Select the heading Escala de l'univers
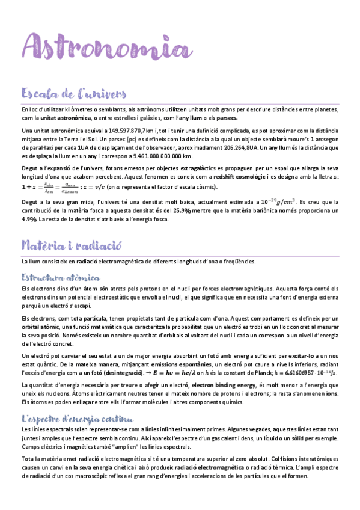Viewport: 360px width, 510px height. point(73,94)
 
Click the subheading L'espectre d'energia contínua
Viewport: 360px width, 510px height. point(77,418)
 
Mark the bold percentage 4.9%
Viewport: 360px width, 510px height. point(29,219)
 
